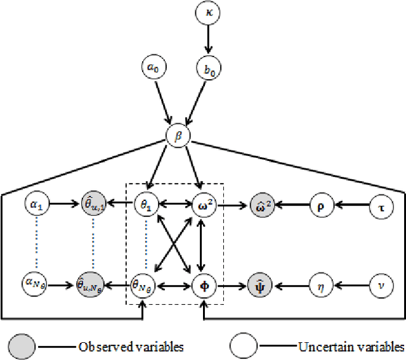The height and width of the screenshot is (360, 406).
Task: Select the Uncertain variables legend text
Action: (351, 347)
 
